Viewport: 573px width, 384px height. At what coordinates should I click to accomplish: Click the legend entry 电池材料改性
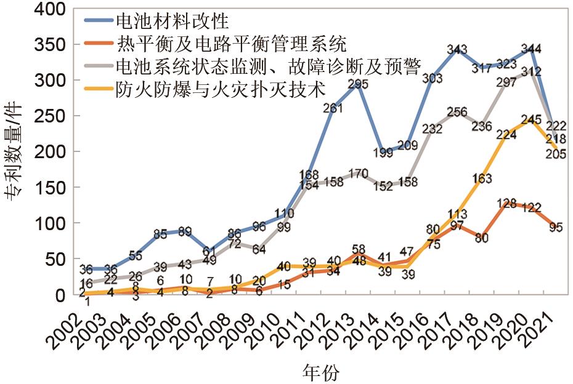172,22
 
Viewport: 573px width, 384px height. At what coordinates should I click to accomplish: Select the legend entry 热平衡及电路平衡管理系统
231,44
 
